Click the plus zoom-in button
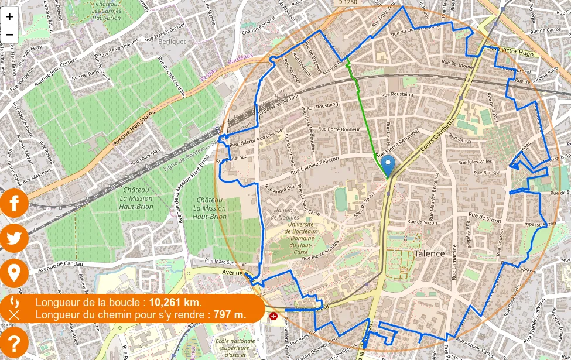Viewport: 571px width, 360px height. [x=10, y=16]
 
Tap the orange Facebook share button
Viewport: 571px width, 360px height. [x=14, y=203]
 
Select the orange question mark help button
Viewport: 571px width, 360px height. [x=14, y=342]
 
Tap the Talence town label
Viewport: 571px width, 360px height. [x=429, y=253]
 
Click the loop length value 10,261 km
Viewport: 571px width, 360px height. [x=175, y=303]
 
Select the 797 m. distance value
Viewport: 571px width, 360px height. [x=230, y=315]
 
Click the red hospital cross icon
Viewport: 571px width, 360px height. [x=273, y=316]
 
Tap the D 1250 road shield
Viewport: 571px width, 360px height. [x=348, y=3]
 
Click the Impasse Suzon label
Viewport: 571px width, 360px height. [x=539, y=224]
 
